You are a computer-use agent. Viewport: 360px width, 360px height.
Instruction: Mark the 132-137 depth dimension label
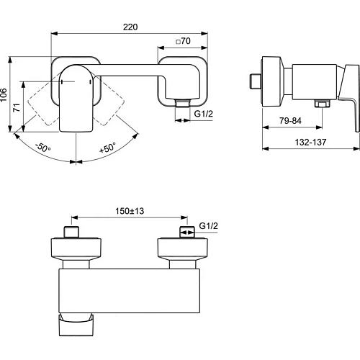312,141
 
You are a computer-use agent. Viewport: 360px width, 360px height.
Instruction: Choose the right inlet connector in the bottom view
186,233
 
